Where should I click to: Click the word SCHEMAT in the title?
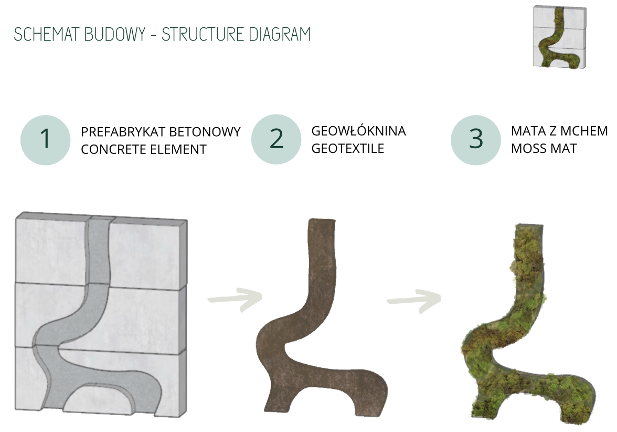pos(46,34)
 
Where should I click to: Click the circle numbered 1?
pos(45,140)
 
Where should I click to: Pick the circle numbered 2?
pos(276,139)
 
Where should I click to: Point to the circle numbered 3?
pos(476,140)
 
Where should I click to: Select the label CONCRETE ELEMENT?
pos(144,149)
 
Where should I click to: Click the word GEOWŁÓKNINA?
pos(358,130)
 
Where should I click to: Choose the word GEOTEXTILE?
pos(348,148)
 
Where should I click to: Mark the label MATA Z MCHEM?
pos(559,131)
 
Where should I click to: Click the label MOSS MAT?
pos(544,149)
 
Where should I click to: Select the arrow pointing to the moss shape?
pos(414,301)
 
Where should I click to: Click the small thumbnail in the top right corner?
pos(559,37)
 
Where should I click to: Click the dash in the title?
pos(153,35)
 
